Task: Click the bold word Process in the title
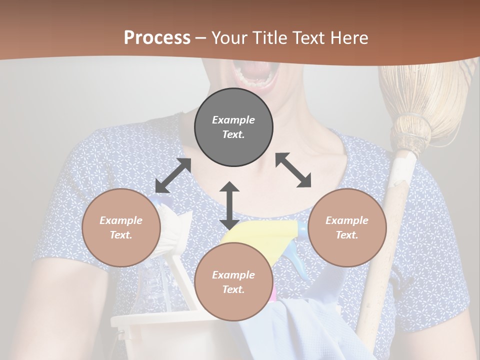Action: coord(157,37)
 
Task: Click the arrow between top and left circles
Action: coord(173,175)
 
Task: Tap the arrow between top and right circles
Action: coord(293,170)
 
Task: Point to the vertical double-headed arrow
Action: coord(229,205)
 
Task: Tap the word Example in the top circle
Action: coord(233,120)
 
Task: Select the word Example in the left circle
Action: coord(121,220)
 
